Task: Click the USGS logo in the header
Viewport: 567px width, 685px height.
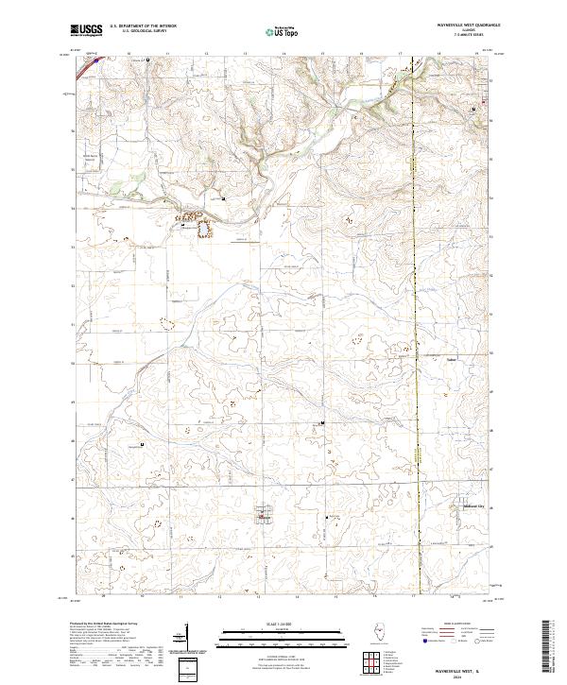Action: pos(86,30)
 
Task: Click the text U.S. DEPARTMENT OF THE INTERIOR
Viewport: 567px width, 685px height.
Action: pos(143,26)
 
